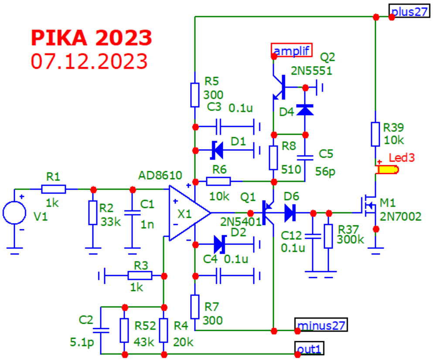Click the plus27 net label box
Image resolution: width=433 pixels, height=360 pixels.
point(409,11)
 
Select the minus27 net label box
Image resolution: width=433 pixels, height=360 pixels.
point(321,325)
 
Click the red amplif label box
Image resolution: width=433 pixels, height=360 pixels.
point(292,51)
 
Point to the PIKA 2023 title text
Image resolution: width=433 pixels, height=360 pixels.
point(92,38)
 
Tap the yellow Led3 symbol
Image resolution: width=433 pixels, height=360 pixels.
point(387,170)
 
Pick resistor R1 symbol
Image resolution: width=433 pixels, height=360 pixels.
point(53,189)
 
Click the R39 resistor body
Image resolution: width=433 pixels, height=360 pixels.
point(375,134)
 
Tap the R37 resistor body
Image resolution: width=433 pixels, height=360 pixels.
point(328,237)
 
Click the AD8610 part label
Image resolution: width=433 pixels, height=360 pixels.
point(160,176)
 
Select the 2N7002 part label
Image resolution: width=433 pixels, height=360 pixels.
point(401,216)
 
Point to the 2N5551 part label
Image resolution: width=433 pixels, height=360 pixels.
point(311,71)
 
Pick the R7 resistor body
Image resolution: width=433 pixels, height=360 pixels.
point(195,306)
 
